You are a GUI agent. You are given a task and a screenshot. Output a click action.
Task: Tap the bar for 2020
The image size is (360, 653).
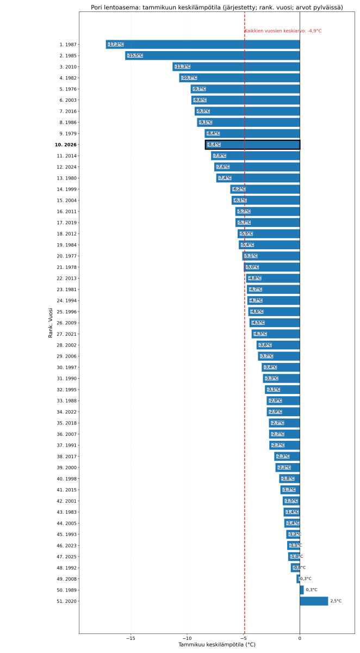click(314, 601)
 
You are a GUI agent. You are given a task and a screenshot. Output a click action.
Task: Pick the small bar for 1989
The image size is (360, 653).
click(302, 590)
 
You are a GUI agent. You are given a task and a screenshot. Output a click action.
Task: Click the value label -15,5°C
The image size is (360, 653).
click(135, 56)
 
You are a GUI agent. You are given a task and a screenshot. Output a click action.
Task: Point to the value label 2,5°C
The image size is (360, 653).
click(336, 601)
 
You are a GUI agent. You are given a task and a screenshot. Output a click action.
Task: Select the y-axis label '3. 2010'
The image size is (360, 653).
click(68, 67)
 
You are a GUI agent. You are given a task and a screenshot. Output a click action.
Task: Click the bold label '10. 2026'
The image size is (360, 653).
click(66, 145)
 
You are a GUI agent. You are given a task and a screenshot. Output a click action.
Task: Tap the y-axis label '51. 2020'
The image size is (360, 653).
click(67, 601)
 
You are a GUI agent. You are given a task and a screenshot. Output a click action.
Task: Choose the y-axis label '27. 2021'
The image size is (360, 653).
click(67, 334)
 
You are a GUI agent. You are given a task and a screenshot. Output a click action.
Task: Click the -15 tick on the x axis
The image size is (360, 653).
click(131, 638)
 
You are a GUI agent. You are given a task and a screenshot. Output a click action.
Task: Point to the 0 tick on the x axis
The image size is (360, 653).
click(300, 638)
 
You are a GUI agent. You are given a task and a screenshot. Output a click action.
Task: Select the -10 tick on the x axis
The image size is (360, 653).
click(187, 638)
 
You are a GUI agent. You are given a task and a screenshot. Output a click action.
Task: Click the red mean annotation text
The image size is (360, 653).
click(283, 31)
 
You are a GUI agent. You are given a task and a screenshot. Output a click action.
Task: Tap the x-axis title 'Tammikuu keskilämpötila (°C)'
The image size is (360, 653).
click(217, 645)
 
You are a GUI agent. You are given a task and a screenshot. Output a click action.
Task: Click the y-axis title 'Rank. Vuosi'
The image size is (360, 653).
click(51, 323)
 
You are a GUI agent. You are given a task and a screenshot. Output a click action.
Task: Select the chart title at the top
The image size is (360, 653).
click(217, 7)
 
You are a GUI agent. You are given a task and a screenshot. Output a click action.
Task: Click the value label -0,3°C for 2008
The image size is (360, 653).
click(306, 579)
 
